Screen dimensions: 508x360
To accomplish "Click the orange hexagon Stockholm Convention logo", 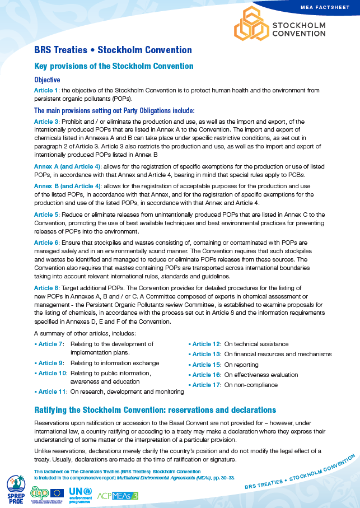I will pyautogui.click(x=250, y=25).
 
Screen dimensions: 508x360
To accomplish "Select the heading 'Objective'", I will pyautogui.click(x=47, y=80).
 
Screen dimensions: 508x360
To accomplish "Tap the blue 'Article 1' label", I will pyautogui.click(x=46, y=90).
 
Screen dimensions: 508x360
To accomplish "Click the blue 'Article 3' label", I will pyautogui.click(x=46, y=121).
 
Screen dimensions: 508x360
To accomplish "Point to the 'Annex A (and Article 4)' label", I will pyautogui.click(x=67, y=166).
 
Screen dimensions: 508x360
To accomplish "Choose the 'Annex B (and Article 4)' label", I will pyautogui.click(x=67, y=185).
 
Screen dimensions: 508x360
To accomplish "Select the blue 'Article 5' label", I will pyautogui.click(x=46, y=215).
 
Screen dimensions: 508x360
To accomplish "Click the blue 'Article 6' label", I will pyautogui.click(x=46, y=243).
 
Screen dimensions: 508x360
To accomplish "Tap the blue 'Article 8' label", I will pyautogui.click(x=46, y=287).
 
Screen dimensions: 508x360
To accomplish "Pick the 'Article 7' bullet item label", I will pyautogui.click(x=51, y=344).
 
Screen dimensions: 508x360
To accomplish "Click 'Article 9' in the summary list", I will pyautogui.click(x=51, y=363).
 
